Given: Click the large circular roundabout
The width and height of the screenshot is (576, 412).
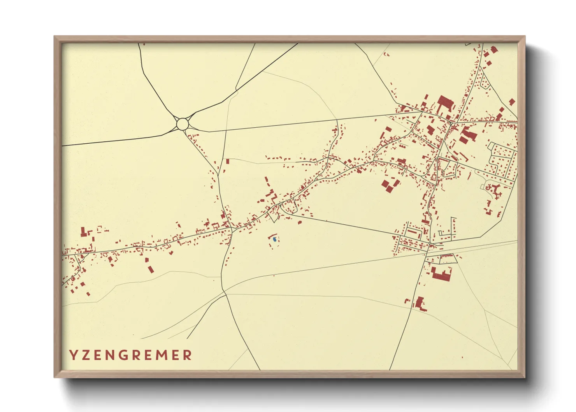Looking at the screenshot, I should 183,124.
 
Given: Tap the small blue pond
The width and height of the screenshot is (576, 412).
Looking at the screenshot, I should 274,239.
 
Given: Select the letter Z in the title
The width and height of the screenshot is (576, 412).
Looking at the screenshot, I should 86,355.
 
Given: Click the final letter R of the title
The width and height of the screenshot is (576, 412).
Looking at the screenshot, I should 188,355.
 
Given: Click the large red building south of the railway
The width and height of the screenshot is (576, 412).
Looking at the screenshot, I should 442,274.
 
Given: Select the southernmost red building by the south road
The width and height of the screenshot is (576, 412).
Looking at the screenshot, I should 420,303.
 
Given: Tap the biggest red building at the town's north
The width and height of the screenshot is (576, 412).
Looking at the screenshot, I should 445,103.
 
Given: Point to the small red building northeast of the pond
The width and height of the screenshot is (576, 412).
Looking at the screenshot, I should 300,222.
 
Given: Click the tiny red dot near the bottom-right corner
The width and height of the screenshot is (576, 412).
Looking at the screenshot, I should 462,357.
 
